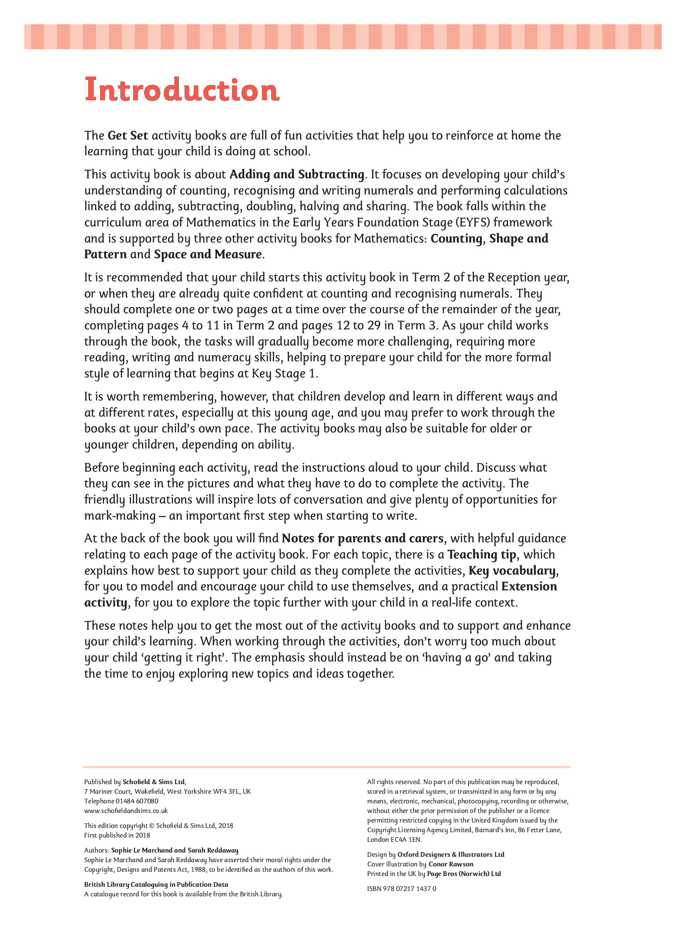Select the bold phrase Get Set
click(128, 136)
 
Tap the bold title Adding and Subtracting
click(297, 174)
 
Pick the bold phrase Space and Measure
click(208, 254)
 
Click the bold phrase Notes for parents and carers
click(363, 538)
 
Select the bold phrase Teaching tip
click(482, 554)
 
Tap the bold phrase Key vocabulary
click(512, 571)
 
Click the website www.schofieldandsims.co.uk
click(126, 811)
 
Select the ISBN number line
click(401, 888)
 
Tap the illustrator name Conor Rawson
click(451, 864)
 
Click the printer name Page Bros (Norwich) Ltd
click(464, 873)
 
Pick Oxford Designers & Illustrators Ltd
click(451, 854)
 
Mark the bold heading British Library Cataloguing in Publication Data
click(156, 884)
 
